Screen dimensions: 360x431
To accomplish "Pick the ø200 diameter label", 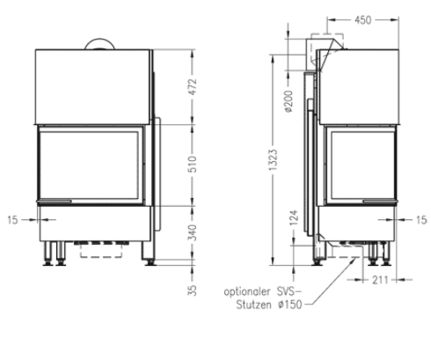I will click(289, 104).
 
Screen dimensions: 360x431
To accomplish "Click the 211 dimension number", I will click(378, 282).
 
